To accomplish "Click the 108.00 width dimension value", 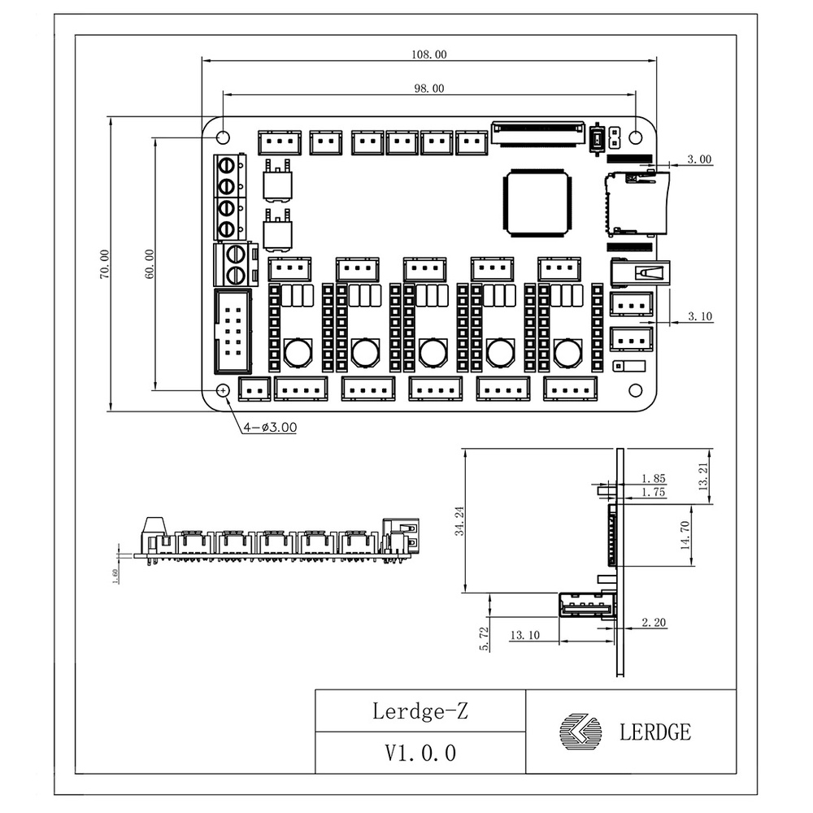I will pyautogui.click(x=429, y=54).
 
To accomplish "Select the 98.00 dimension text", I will pyautogui.click(x=429, y=89).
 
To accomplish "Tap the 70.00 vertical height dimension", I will pyautogui.click(x=104, y=264).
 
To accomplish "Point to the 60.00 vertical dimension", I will pyautogui.click(x=150, y=264).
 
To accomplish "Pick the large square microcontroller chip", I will pyautogui.click(x=534, y=203).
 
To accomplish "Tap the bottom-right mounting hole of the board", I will pyautogui.click(x=635, y=390).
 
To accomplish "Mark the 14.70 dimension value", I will pyautogui.click(x=688, y=537).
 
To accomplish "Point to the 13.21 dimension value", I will pyautogui.click(x=704, y=475).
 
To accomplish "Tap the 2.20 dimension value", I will pyautogui.click(x=654, y=623).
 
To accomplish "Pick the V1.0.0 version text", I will pyautogui.click(x=420, y=753).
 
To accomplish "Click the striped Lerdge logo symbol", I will pyautogui.click(x=581, y=731).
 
